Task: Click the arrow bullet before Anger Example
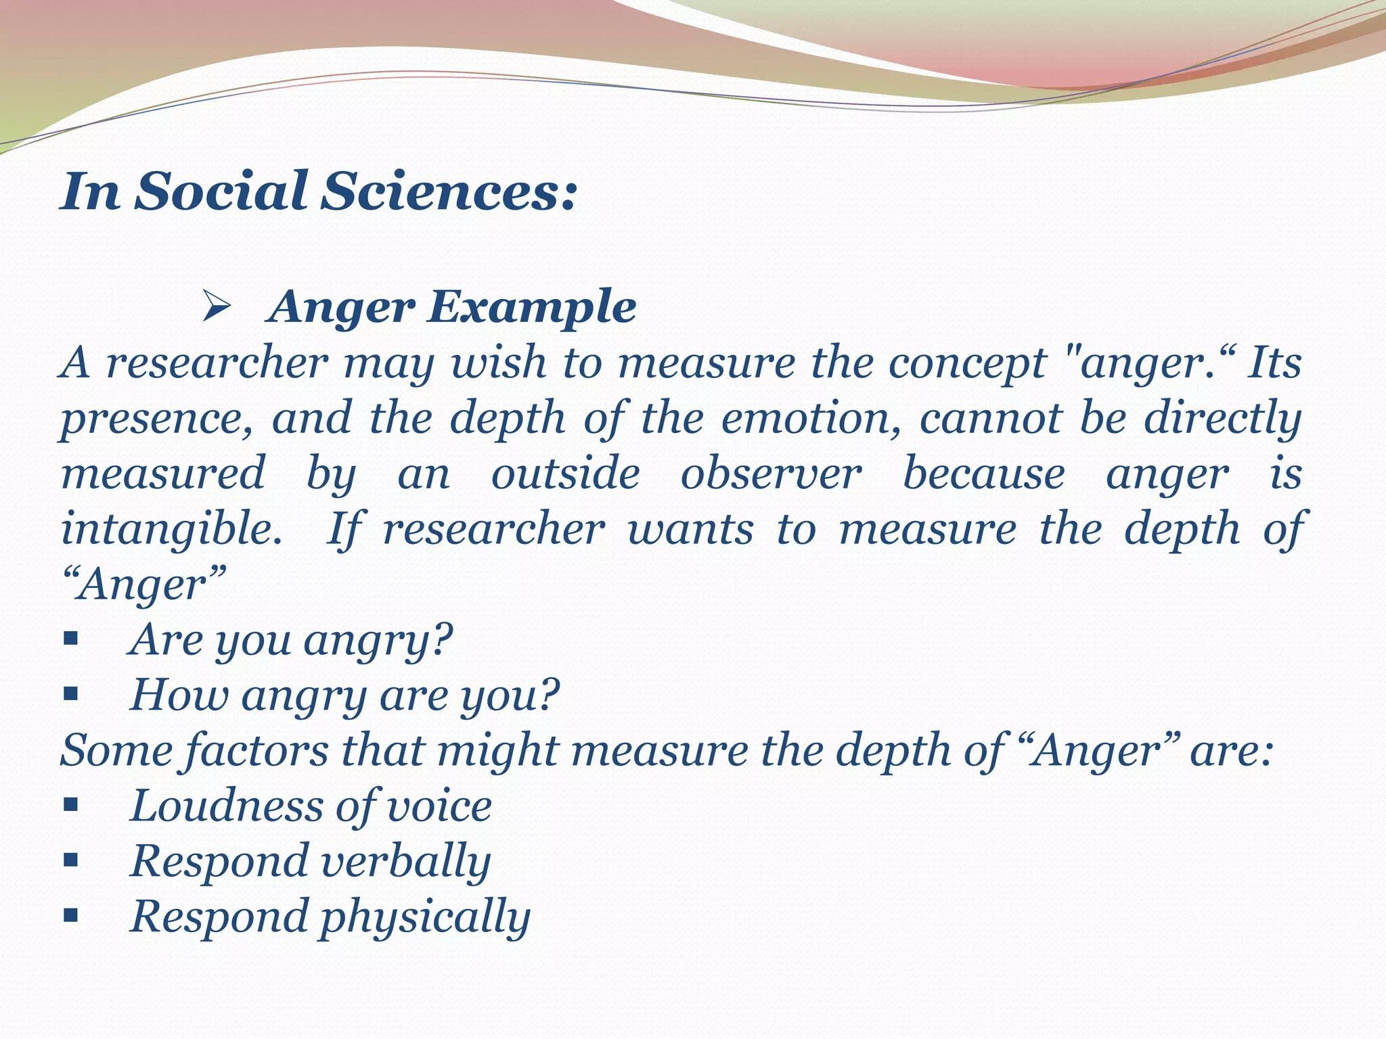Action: (x=217, y=309)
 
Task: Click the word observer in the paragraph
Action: (x=771, y=474)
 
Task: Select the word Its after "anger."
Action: (x=1274, y=363)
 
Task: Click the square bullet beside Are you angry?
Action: (x=70, y=639)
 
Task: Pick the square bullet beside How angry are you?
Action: (x=70, y=694)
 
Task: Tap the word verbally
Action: (x=405, y=862)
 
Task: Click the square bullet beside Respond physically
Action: (x=70, y=917)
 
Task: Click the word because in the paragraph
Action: (x=983, y=474)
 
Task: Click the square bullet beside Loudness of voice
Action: (x=70, y=806)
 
